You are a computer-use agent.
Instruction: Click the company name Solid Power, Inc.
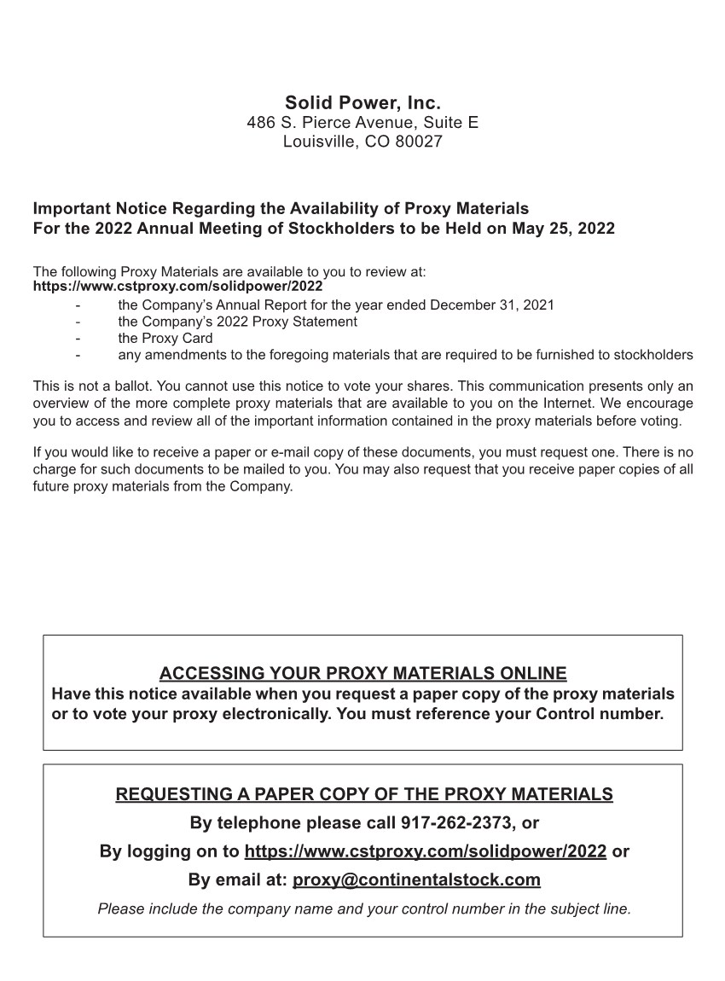point(362,103)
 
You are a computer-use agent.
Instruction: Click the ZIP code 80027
point(420,142)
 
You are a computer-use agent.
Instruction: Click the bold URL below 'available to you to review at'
point(177,286)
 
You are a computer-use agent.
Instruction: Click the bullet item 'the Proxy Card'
point(165,338)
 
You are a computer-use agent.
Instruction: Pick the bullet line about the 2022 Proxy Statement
point(237,322)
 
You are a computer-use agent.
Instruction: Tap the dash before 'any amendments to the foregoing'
point(78,355)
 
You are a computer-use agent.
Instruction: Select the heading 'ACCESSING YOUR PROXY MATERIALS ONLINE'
point(362,673)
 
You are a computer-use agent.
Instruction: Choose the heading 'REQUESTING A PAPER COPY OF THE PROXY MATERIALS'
point(363,794)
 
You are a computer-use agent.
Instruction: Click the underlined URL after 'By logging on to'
point(425,851)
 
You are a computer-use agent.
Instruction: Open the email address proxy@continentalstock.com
point(416,879)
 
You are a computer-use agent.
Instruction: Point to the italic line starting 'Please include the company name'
point(364,908)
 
